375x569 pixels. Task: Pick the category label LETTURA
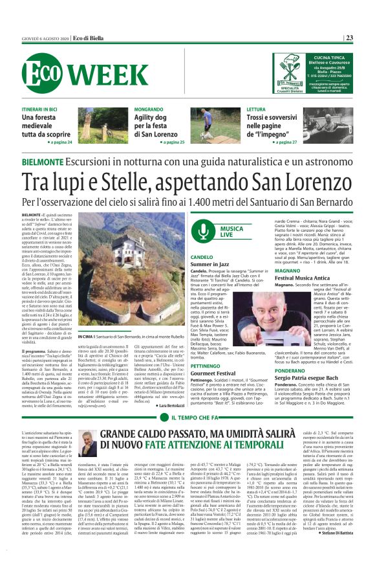pos(257,110)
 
